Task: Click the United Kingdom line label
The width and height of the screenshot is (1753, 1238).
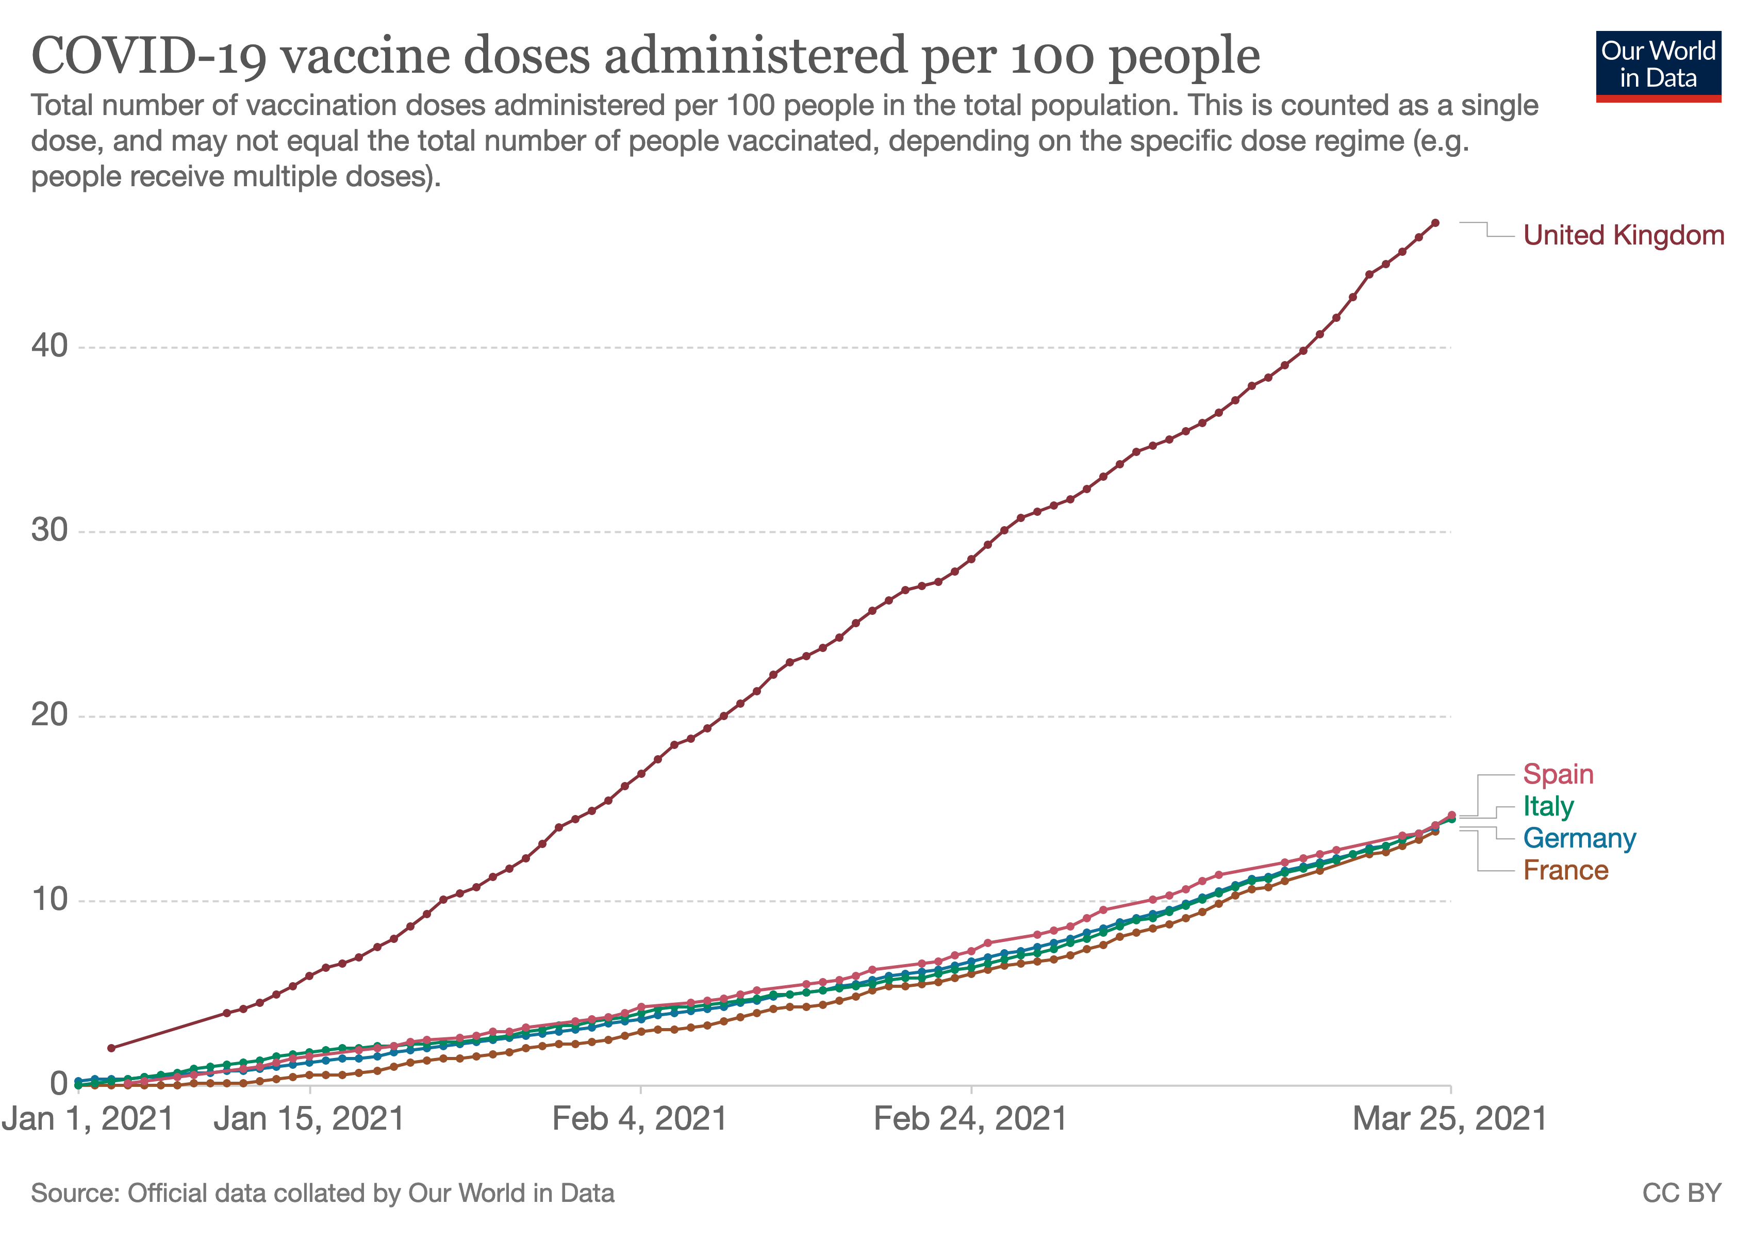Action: click(1623, 235)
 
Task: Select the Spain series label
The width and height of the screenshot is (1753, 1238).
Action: click(1558, 774)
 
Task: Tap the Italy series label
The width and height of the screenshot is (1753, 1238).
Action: click(1548, 806)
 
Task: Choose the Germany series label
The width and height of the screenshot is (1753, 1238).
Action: click(1579, 839)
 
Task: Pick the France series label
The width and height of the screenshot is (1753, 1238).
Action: click(1565, 871)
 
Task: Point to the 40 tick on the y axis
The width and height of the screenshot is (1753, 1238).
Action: click(49, 346)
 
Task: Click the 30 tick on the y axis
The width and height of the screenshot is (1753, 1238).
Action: click(49, 530)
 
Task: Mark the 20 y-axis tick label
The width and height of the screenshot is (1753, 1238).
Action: click(49, 715)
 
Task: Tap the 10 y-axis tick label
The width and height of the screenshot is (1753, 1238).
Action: click(49, 900)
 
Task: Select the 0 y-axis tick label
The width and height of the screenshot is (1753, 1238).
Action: click(59, 1084)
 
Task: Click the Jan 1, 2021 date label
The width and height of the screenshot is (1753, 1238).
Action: click(88, 1120)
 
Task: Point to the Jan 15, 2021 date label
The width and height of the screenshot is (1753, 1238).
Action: click(309, 1120)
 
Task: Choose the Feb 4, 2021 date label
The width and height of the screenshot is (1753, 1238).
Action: click(640, 1120)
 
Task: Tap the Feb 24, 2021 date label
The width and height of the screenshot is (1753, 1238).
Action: click(970, 1120)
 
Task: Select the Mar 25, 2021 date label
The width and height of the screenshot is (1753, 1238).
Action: click(1450, 1120)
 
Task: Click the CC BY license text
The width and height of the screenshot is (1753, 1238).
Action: click(1682, 1194)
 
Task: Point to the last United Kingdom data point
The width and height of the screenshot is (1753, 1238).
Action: click(1435, 223)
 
